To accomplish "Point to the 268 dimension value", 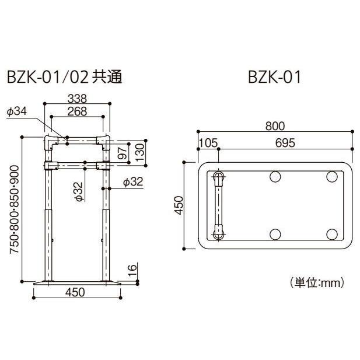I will coord(77,111).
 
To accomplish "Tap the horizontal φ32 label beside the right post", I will coord(133,182).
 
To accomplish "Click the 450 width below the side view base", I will coord(76,292).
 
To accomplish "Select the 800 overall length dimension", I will coord(274,125).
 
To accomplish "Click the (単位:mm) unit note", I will coord(317,283).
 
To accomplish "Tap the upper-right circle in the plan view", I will coord(331,177).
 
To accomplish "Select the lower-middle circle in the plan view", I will coord(276,233).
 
